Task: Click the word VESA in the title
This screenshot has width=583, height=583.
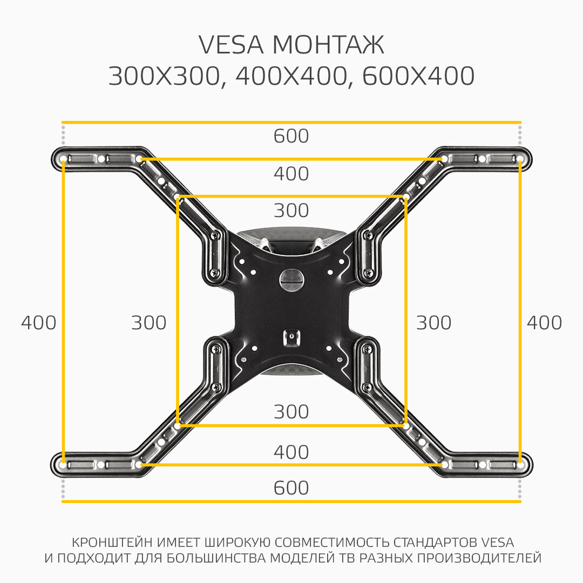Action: (231, 45)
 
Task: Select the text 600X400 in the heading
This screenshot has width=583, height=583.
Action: (418, 77)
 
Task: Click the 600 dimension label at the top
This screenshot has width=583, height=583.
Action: (291, 136)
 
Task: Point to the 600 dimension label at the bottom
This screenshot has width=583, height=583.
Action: (291, 488)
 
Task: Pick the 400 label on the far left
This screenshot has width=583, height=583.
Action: (38, 323)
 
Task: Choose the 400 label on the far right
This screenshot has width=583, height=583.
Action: (544, 323)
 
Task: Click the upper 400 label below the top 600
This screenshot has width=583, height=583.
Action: (291, 174)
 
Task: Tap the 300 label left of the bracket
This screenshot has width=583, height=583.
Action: (149, 323)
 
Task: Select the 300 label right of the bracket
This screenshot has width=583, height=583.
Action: (433, 323)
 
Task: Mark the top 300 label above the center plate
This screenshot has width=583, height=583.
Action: (291, 211)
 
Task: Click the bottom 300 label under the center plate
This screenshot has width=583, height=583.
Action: (291, 412)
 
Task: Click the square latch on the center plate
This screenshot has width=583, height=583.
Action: (291, 338)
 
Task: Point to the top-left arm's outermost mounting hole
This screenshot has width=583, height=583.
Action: (63, 159)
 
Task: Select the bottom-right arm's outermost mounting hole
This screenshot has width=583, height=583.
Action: (520, 464)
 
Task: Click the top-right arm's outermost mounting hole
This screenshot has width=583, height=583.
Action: (520, 159)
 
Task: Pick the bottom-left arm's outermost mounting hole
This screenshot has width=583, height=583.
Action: (63, 464)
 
